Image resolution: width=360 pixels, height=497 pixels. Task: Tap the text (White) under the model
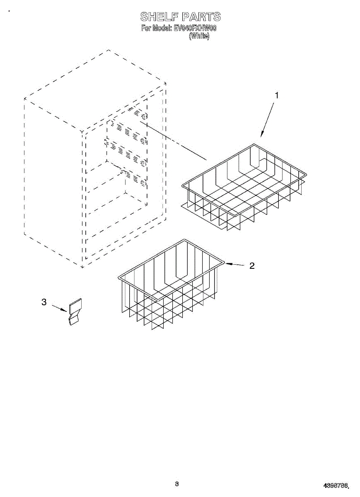coord(199,36)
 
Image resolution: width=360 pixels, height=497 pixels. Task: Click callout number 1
coord(277,95)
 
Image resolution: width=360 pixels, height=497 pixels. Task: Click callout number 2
coord(251,266)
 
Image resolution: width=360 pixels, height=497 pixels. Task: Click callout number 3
coord(44,302)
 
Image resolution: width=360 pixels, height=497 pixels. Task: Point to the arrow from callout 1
coord(267,120)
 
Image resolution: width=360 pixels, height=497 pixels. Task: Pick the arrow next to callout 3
coord(59,308)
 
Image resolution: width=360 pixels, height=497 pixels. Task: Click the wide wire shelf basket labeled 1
coord(244,186)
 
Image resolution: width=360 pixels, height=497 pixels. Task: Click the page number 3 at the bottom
coord(176,484)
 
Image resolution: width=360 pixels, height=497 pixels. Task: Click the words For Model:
coord(156,29)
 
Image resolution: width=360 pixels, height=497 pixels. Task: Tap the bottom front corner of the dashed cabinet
coord(82,267)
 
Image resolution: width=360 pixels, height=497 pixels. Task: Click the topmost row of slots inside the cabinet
coord(137,112)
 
